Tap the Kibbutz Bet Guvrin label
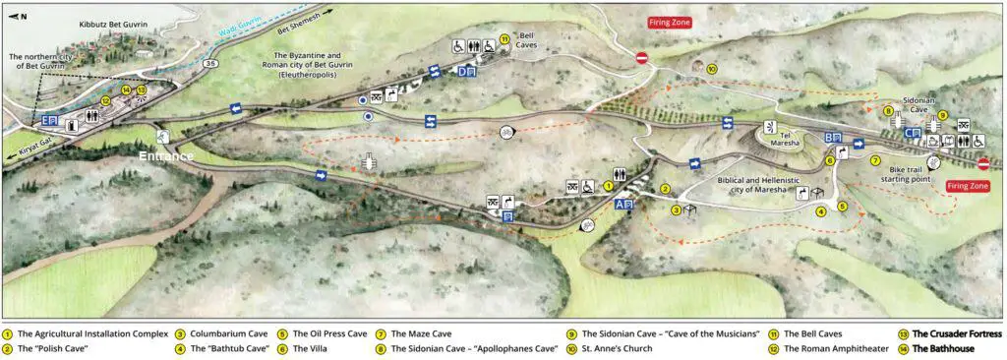(115, 21)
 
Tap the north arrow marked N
(19, 17)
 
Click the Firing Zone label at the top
(669, 22)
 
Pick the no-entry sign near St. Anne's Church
(641, 58)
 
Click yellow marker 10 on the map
(711, 68)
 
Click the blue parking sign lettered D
(465, 71)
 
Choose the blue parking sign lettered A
(621, 205)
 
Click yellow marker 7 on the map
(874, 160)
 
